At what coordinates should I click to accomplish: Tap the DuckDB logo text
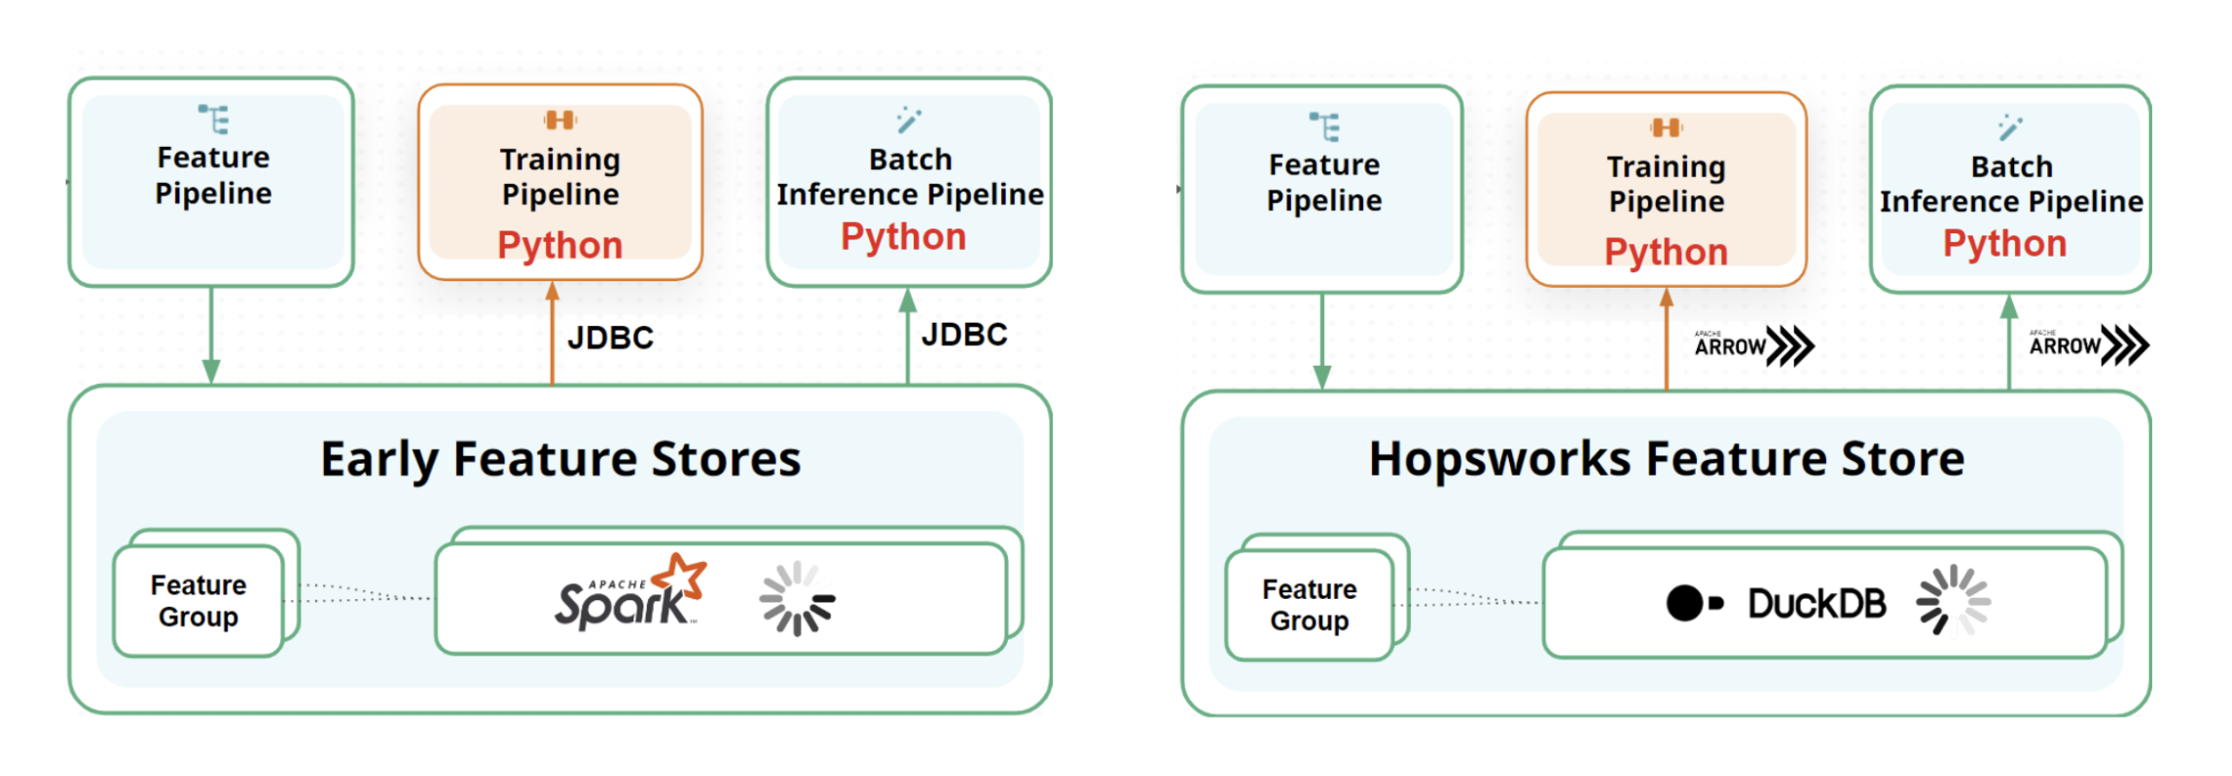pyautogui.click(x=1816, y=604)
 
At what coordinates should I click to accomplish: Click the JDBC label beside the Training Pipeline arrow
pyautogui.click(x=610, y=337)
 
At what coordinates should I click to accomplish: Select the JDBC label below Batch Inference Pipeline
pyautogui.click(x=963, y=335)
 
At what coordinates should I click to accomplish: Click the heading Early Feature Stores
pyautogui.click(x=560, y=459)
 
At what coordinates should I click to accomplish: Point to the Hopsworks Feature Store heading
pyautogui.click(x=1666, y=459)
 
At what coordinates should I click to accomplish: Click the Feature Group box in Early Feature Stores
pyautogui.click(x=198, y=601)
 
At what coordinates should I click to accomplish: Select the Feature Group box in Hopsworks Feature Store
pyautogui.click(x=1309, y=605)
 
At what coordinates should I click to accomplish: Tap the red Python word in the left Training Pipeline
pyautogui.click(x=559, y=245)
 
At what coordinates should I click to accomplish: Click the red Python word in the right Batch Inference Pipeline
pyautogui.click(x=2004, y=243)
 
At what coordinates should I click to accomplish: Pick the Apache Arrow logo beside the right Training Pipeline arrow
pyautogui.click(x=1753, y=346)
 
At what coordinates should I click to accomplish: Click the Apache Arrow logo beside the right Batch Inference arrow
pyautogui.click(x=2088, y=345)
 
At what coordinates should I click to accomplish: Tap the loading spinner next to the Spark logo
pyautogui.click(x=797, y=599)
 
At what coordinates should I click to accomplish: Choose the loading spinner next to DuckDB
pyautogui.click(x=1953, y=601)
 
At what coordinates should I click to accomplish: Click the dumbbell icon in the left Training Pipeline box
pyautogui.click(x=559, y=120)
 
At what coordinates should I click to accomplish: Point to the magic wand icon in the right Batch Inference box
pyautogui.click(x=2009, y=126)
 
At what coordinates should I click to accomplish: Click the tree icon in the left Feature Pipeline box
pyautogui.click(x=214, y=120)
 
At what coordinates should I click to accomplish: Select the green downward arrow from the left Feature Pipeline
pyautogui.click(x=211, y=335)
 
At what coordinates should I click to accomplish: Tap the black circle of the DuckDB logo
pyautogui.click(x=1684, y=603)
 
